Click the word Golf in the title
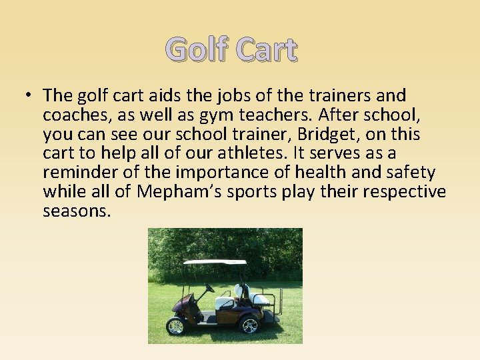pyautogui.click(x=196, y=50)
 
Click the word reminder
pyautogui.click(x=81, y=173)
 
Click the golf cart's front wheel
pyautogui.click(x=176, y=325)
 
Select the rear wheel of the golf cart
pyautogui.click(x=248, y=324)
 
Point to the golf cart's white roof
pyautogui.click(x=215, y=262)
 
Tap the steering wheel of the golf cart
pyautogui.click(x=209, y=289)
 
